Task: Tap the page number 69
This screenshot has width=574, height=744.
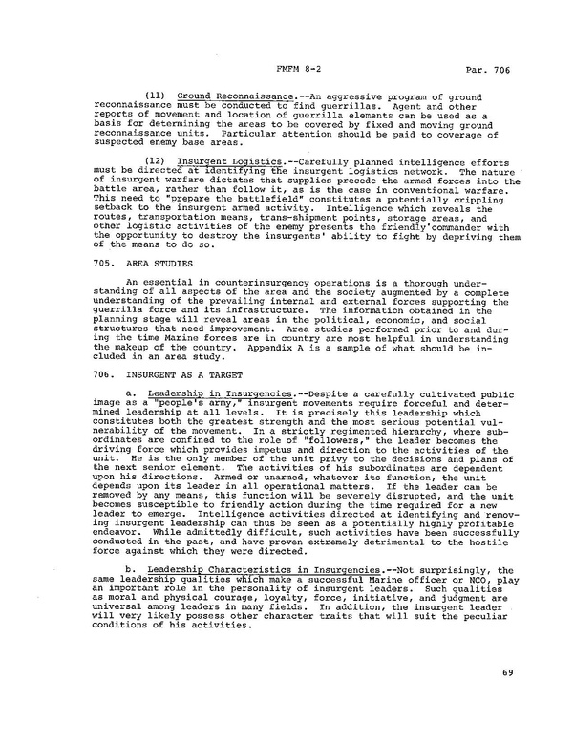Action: click(507, 674)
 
